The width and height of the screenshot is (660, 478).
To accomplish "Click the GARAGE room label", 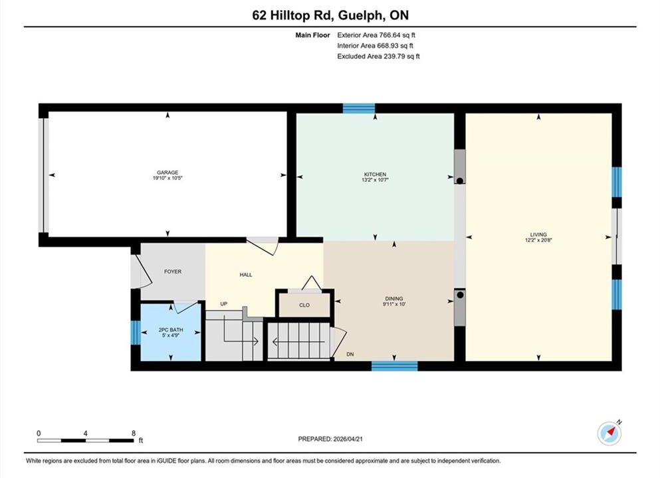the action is point(167,173).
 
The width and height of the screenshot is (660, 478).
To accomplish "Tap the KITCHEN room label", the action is point(375,175).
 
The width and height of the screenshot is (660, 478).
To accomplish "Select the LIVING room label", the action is point(538,234).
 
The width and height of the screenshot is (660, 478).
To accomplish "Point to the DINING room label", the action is point(394,299).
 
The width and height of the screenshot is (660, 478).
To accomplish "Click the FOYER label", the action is point(173,272).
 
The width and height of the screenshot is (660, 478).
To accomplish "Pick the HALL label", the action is point(246,275).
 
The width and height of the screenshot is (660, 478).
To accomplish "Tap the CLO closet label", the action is point(304,305).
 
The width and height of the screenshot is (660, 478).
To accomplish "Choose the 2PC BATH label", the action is point(171,330).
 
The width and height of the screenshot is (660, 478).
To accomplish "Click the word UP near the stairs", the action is point(224,303).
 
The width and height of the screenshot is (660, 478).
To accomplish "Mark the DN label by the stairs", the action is point(350,355).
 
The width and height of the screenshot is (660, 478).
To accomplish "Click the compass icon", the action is point(609,434).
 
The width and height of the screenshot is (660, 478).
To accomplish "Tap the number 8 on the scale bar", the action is point(134,433).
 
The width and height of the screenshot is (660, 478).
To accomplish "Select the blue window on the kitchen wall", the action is point(359,108).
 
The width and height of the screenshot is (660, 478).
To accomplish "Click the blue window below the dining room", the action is point(394,366).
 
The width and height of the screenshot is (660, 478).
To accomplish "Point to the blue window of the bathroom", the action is point(136,333).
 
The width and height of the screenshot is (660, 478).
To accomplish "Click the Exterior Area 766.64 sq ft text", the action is point(376,35).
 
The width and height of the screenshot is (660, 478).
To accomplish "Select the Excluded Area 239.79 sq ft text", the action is point(378,56).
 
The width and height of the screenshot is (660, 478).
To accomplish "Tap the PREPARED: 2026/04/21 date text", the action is point(330,439).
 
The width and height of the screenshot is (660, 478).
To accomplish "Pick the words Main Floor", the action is point(313,35).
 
